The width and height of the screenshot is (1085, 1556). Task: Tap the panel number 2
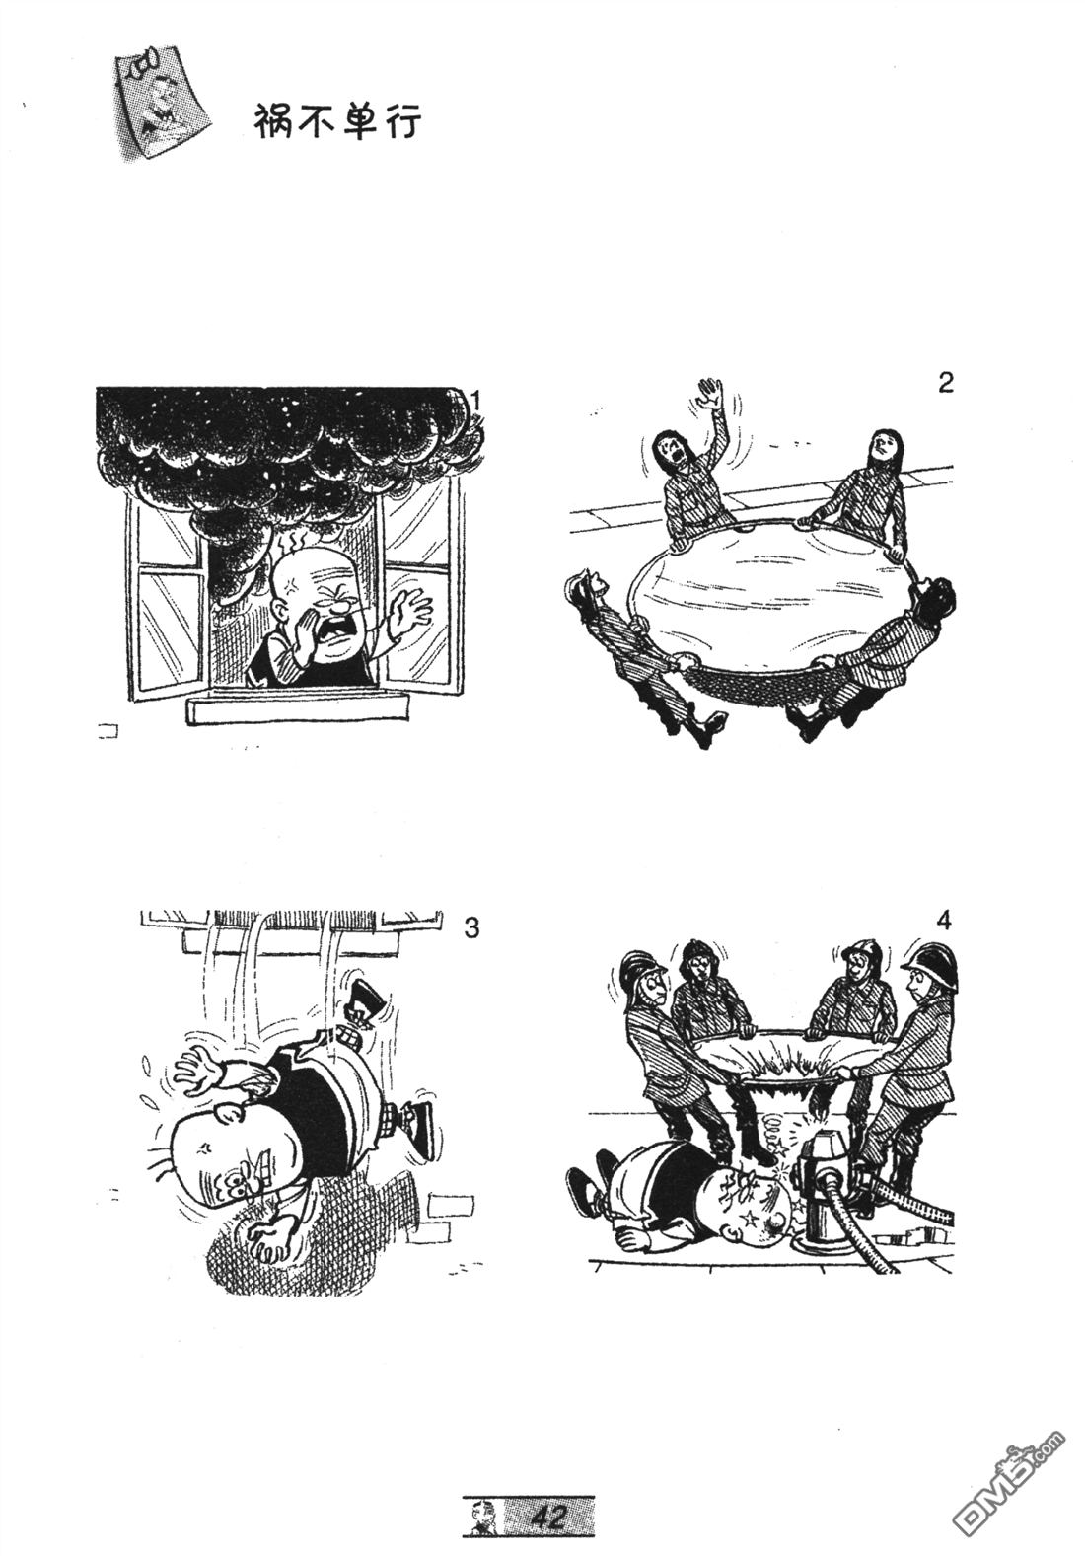(x=945, y=383)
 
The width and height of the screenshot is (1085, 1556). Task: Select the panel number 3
(x=471, y=926)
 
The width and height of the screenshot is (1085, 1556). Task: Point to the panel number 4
(x=943, y=920)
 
